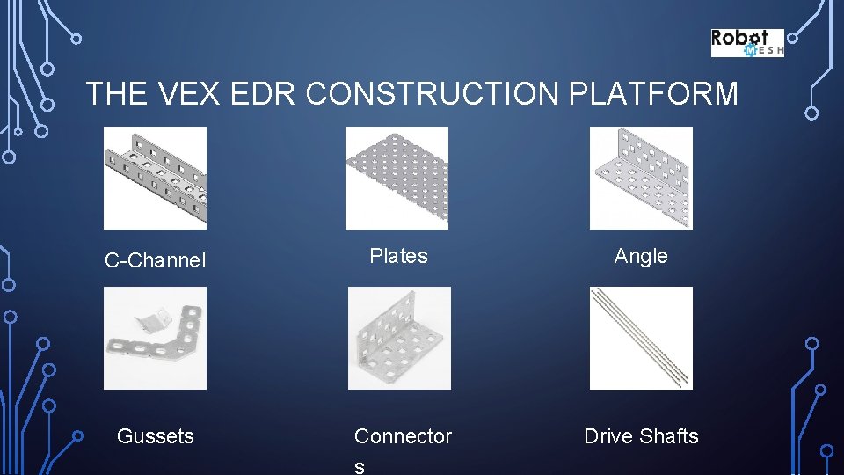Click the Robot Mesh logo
[x=746, y=42]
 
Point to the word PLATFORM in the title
[x=653, y=93]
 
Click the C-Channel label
[x=156, y=260]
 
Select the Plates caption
[x=398, y=256]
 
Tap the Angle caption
[x=641, y=256]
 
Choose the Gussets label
[x=156, y=436]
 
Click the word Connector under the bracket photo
[x=403, y=436]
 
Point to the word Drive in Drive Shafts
[x=608, y=436]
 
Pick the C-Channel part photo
[x=156, y=178]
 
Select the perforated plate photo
[x=397, y=178]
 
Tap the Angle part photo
[x=641, y=178]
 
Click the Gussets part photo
[x=156, y=339]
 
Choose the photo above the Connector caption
[x=399, y=339]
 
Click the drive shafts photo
[x=641, y=339]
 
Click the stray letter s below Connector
[x=359, y=467]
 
